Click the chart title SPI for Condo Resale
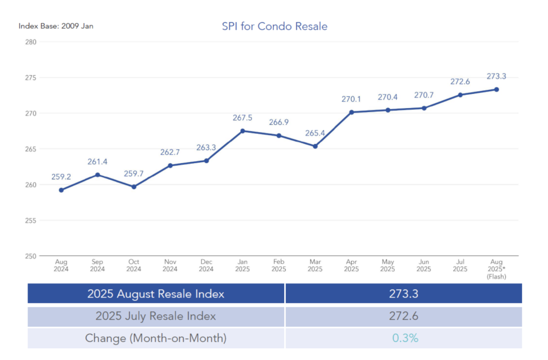point(275,26)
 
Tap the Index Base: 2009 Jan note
point(56,26)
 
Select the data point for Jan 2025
point(243,131)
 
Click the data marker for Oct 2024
point(134,187)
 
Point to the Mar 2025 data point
point(315,146)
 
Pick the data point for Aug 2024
point(61,190)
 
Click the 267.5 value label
point(243,118)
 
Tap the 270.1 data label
point(351,99)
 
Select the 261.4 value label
point(97,162)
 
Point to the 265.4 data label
point(315,133)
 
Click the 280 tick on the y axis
point(30,42)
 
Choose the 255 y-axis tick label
point(30,221)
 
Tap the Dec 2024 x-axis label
point(206,266)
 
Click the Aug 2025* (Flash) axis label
point(496,269)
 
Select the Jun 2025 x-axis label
point(424,266)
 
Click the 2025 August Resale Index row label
point(156,294)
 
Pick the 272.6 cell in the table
point(403,316)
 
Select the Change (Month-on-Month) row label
point(156,338)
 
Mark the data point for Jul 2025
point(460,95)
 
